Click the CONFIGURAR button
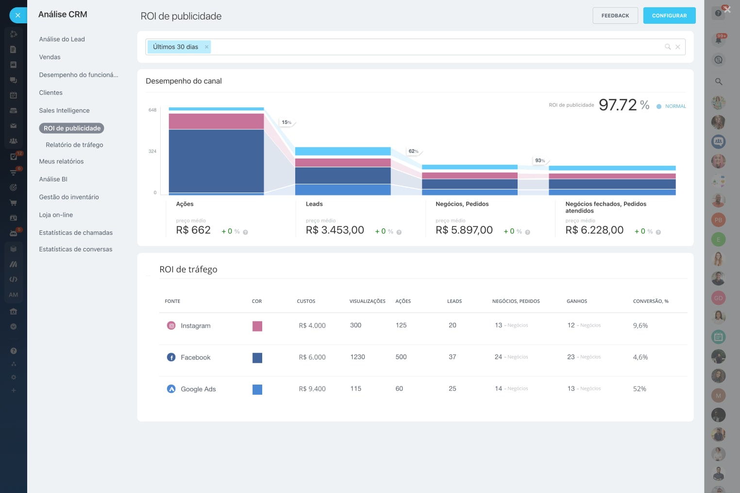click(x=669, y=16)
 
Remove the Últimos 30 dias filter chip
click(x=207, y=47)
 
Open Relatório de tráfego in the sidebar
click(x=74, y=145)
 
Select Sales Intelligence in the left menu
click(x=64, y=110)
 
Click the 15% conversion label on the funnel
click(x=286, y=123)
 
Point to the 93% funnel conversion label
click(x=539, y=160)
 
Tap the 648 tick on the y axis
click(x=152, y=110)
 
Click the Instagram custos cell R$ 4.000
click(x=312, y=326)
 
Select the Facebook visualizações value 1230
click(x=357, y=357)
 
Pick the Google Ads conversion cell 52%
click(x=639, y=389)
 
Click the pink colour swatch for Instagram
click(x=257, y=326)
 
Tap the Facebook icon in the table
click(x=171, y=357)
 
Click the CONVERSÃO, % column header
click(x=651, y=301)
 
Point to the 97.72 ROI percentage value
click(x=618, y=105)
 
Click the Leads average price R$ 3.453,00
click(x=335, y=230)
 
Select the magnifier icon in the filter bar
click(x=668, y=47)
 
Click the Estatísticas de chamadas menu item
click(x=76, y=232)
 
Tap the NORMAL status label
click(x=675, y=106)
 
